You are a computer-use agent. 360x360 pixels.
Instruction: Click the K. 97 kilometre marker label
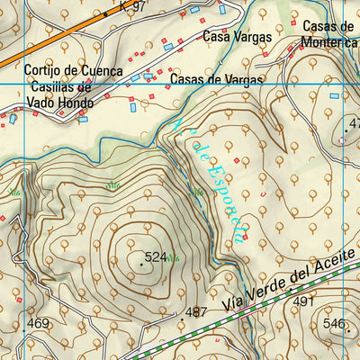click(x=131, y=6)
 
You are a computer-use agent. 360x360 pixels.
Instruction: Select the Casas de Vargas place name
click(x=216, y=79)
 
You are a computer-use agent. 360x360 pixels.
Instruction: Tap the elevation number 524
click(x=156, y=257)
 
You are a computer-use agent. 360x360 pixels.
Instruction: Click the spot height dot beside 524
click(x=141, y=264)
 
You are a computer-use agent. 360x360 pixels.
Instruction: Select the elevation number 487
click(x=196, y=312)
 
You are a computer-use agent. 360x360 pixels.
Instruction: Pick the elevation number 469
click(x=38, y=323)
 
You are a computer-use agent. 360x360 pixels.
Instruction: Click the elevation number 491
click(x=303, y=301)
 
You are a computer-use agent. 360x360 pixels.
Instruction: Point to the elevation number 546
click(x=335, y=323)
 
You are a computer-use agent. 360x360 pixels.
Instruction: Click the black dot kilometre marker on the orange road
click(x=105, y=15)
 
